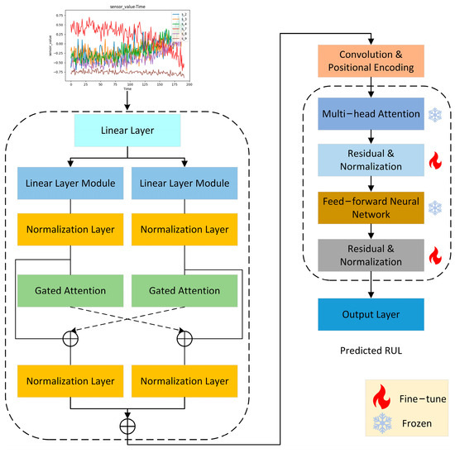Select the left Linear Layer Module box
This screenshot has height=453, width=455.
[x=71, y=182]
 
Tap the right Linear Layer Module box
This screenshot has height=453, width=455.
[x=182, y=182]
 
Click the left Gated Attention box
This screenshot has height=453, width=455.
[x=71, y=292]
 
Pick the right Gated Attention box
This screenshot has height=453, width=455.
[x=182, y=292]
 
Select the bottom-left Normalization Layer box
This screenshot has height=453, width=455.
[x=71, y=381]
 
